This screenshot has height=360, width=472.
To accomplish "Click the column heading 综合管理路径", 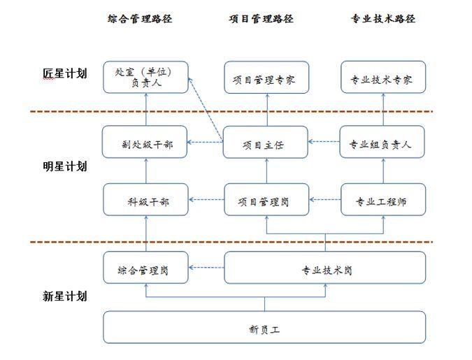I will click(x=145, y=19).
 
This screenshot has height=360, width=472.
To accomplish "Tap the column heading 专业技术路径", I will click(x=383, y=19).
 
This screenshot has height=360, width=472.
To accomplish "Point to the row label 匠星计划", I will click(x=64, y=73).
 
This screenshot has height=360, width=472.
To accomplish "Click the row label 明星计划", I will click(x=64, y=166).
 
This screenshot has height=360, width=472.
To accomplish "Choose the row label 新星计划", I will click(x=64, y=296).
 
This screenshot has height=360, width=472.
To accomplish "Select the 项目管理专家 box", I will click(x=265, y=78).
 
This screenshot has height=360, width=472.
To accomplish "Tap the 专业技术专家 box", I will click(x=383, y=78).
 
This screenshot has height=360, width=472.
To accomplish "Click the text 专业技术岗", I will click(x=326, y=269).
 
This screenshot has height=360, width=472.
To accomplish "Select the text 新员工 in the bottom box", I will click(x=264, y=328).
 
